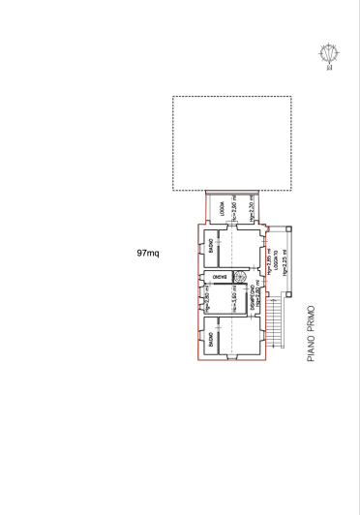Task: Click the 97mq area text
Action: [x=148, y=253]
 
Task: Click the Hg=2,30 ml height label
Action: [x=252, y=206]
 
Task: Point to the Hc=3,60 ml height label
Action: [x=234, y=302]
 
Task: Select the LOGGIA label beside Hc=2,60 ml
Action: [x=222, y=206]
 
